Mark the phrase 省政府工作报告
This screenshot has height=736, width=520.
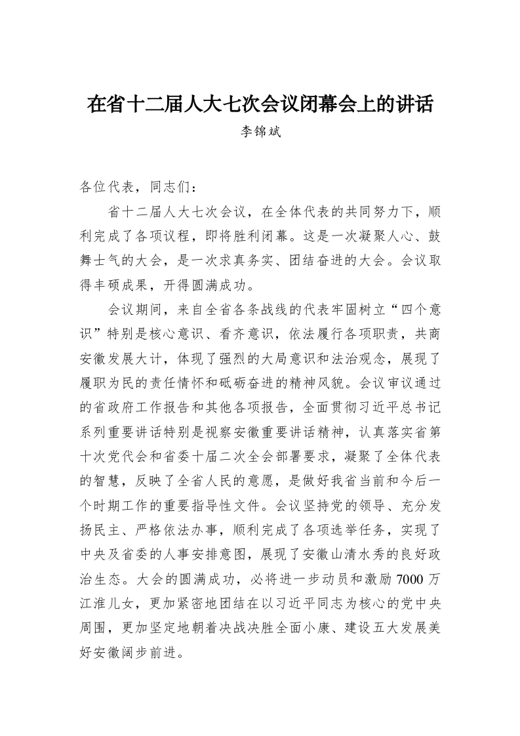click(x=136, y=408)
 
